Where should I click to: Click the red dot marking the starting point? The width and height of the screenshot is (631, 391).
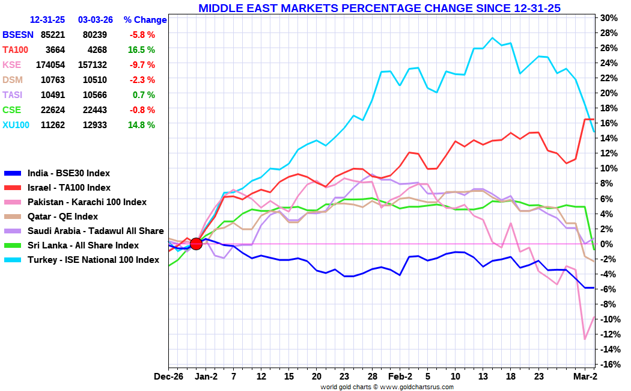(196, 244)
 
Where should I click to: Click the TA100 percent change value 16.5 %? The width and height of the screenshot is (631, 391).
(142, 50)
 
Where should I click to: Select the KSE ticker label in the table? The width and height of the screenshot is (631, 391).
(12, 65)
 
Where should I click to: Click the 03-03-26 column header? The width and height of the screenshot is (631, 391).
(96, 20)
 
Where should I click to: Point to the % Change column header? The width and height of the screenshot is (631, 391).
(145, 20)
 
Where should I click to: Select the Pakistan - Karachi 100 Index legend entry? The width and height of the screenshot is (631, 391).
(87, 202)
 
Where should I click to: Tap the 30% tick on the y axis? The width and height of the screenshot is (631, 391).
(608, 17)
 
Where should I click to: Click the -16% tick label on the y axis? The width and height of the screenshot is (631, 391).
(608, 365)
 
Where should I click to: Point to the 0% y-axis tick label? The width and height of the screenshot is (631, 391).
(608, 244)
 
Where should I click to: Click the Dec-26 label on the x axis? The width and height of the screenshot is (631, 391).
(168, 377)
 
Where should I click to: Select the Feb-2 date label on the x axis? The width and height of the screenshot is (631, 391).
(399, 377)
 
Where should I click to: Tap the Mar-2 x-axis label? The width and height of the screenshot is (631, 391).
(585, 377)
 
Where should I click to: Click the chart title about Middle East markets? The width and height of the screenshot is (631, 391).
(379, 8)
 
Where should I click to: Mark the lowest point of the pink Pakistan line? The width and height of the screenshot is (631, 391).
(585, 339)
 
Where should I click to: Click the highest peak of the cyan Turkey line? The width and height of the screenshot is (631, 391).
(492, 38)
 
